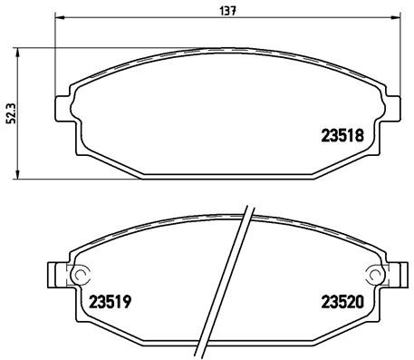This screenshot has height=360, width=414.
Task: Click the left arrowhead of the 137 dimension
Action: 59,18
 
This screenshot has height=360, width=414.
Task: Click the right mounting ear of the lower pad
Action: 394,275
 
